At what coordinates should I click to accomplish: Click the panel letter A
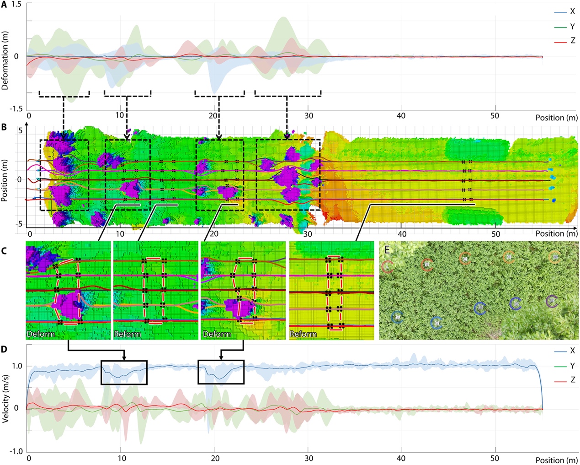[x=4, y=5]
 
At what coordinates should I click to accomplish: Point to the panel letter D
[x=4, y=349]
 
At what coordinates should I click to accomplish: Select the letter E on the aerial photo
[x=387, y=249]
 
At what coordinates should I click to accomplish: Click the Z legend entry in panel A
[x=572, y=41]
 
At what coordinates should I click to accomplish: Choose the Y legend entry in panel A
[x=572, y=27]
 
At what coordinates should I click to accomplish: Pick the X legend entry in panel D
[x=572, y=351]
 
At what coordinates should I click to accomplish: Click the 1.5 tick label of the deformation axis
[x=16, y=4]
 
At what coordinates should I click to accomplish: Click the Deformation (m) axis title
[x=5, y=60]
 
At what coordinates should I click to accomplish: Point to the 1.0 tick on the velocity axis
[x=17, y=366]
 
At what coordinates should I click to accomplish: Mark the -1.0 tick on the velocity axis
[x=16, y=451]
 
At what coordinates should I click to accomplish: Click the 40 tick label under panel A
[x=401, y=115]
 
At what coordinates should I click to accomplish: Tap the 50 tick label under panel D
[x=495, y=458]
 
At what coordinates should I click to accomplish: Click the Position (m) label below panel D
[x=556, y=460]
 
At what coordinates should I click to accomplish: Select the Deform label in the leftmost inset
[x=41, y=334]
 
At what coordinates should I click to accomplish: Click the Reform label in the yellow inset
[x=303, y=334]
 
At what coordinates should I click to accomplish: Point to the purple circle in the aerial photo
[x=552, y=301]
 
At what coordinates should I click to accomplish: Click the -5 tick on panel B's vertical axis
[x=19, y=224]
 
